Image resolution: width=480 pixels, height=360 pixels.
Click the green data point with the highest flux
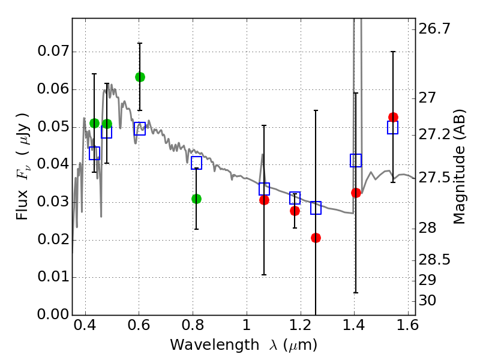pos(140,77)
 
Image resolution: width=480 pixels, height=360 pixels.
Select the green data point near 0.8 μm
pos(196,199)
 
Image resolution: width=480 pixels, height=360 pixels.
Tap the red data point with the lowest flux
pos(316,238)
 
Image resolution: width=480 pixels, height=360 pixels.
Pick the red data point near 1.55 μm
pos(393,117)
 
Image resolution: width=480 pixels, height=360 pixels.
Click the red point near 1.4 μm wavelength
pos(356,193)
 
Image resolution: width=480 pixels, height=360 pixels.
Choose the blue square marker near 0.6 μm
pos(140,128)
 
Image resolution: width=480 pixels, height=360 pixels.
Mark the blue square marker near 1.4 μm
pos(356,160)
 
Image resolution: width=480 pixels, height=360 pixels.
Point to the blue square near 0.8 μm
pos(196,163)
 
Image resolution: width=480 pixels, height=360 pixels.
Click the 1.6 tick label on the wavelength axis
pos(407,328)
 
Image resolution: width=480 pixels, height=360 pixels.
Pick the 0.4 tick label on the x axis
pos(85,328)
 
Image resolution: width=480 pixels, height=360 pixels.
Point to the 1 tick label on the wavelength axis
pos(246,328)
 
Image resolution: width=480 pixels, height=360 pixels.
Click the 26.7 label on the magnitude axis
pos(436,29)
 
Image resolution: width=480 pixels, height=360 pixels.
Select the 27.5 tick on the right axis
pos(436,178)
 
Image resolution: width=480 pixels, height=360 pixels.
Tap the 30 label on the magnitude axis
pos(431,301)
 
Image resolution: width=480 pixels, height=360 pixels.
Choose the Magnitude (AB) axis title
pos(460,166)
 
